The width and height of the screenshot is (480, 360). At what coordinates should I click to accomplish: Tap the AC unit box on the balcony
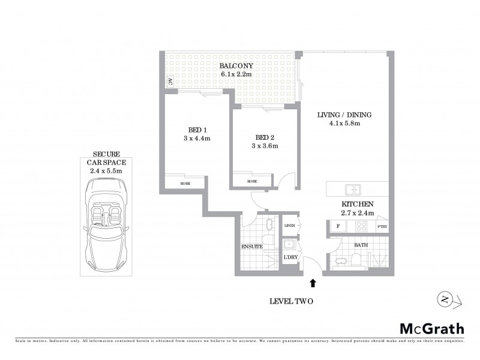pyautogui.click(x=170, y=82)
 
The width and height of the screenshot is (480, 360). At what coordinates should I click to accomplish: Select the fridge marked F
pyautogui.click(x=338, y=227)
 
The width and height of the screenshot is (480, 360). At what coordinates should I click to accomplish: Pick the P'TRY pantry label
pyautogui.click(x=382, y=227)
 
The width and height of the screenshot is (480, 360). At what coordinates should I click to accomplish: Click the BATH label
pyautogui.click(x=361, y=245)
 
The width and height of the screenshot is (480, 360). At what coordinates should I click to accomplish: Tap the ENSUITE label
pyautogui.click(x=252, y=247)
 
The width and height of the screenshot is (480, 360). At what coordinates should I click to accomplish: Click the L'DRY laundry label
pyautogui.click(x=290, y=257)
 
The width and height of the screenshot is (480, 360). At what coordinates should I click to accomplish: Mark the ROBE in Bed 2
pyautogui.click(x=252, y=181)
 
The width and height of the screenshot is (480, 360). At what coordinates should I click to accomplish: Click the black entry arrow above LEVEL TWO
pyautogui.click(x=312, y=281)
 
